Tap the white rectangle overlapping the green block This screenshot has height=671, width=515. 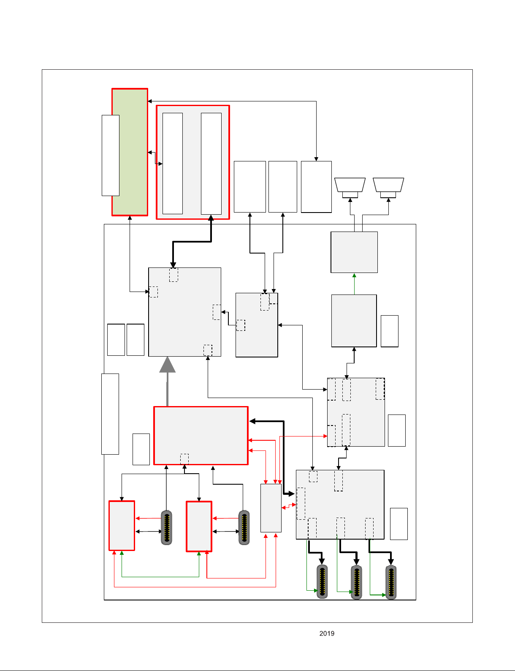click(x=111, y=155)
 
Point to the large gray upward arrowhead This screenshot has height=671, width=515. click(x=168, y=364)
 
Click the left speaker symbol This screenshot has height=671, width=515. click(x=350, y=188)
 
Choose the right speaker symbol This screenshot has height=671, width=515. click(x=388, y=188)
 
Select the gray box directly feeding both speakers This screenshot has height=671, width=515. click(x=354, y=252)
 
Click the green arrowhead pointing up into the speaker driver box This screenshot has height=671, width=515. click(x=354, y=275)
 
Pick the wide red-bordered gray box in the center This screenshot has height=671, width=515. click(x=201, y=435)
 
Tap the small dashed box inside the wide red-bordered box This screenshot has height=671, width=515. click(x=184, y=459)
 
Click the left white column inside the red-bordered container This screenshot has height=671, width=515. click(x=173, y=164)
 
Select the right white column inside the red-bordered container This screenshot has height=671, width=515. click(x=211, y=164)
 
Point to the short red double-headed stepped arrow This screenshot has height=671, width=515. click(x=289, y=506)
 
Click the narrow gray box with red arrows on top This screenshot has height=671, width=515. click(x=271, y=508)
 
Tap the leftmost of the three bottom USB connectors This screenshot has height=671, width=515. click(x=322, y=582)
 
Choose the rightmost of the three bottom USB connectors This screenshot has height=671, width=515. click(x=391, y=582)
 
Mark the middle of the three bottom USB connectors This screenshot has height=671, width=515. click(x=357, y=582)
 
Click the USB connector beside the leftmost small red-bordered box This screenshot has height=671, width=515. click(x=166, y=527)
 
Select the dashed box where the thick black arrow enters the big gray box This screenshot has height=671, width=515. click(x=173, y=275)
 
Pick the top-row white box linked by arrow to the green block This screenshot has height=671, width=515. click(x=316, y=187)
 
